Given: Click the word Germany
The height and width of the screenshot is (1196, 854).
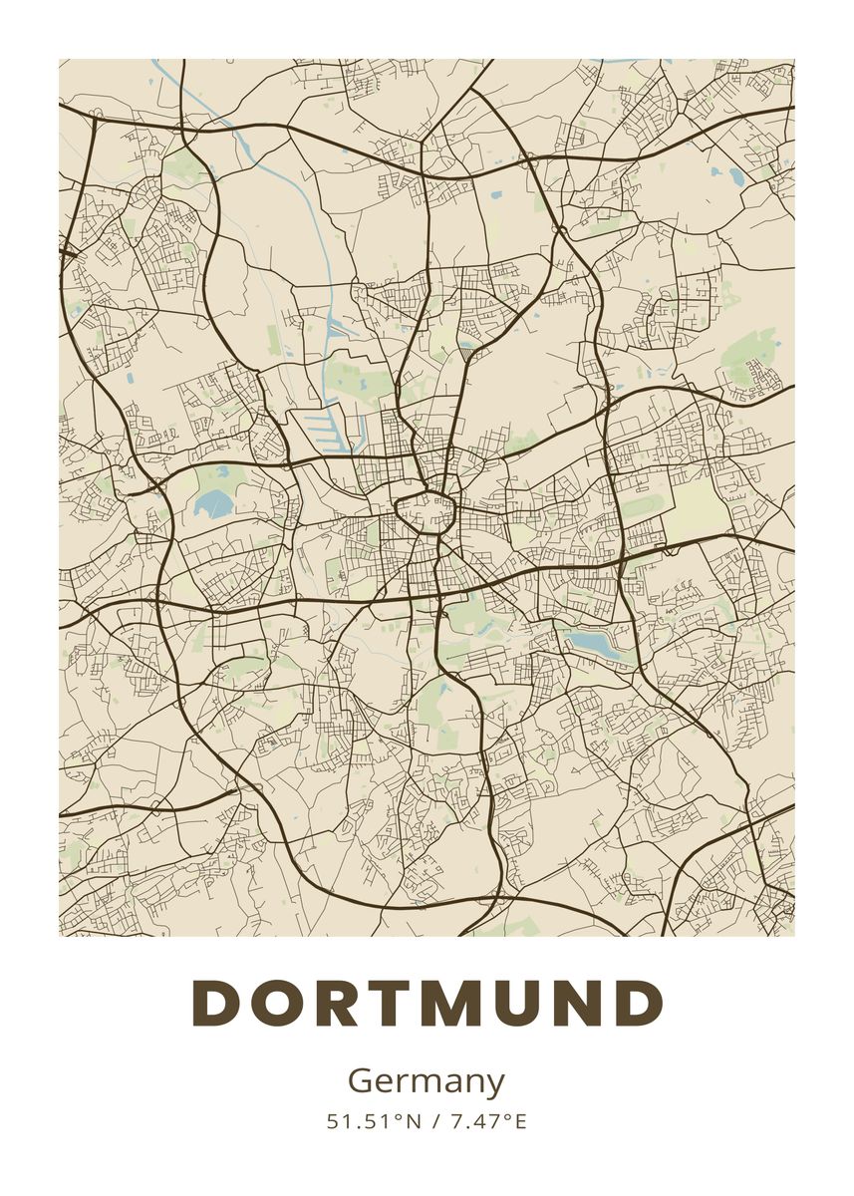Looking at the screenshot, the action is (427, 1081).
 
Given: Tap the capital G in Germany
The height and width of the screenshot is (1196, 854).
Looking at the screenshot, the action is (360, 1080).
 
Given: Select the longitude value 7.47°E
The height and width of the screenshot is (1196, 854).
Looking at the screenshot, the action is (487, 1121).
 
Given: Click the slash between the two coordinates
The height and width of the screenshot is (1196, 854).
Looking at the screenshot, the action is (435, 1121).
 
